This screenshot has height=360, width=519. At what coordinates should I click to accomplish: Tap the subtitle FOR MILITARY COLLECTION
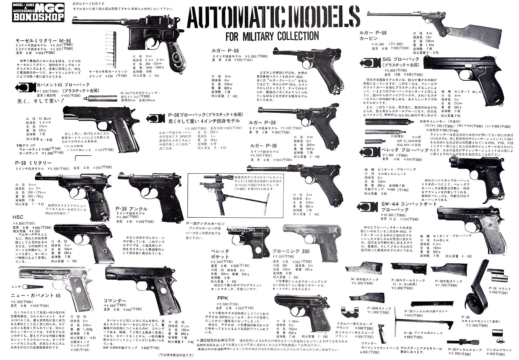pos(272,36)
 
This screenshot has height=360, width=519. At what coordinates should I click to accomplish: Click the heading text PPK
pos(222,298)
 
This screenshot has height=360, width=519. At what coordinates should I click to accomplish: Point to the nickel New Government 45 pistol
pos(58,281)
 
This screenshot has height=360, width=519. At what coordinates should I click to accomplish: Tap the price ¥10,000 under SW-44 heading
pos(390,215)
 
